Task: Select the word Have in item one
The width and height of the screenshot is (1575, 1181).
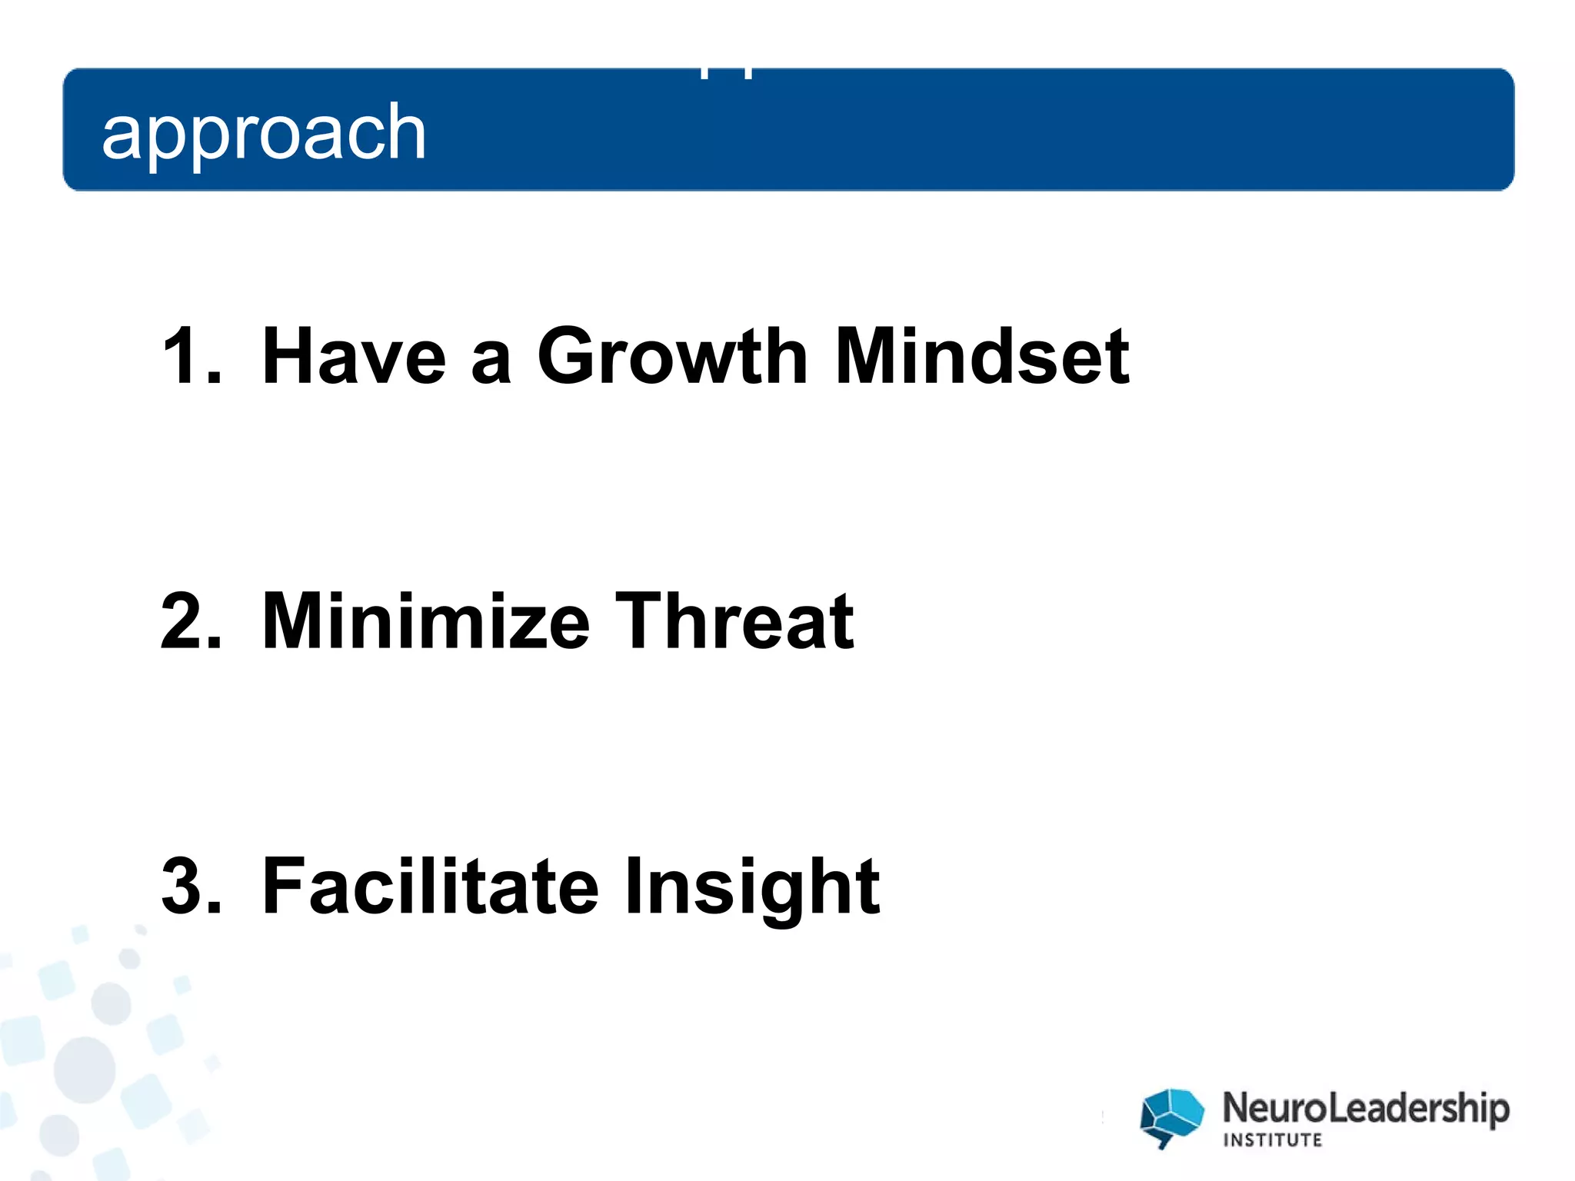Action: [353, 356]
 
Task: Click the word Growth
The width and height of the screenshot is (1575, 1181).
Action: [672, 356]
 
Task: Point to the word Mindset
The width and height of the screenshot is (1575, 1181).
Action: [981, 356]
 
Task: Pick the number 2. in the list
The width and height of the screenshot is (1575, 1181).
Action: [191, 621]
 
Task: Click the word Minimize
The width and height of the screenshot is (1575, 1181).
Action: [425, 621]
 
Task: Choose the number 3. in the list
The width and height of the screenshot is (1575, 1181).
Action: [191, 886]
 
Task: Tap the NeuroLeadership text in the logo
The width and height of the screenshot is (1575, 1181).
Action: [1366, 1109]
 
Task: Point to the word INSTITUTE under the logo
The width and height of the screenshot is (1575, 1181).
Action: [1273, 1140]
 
